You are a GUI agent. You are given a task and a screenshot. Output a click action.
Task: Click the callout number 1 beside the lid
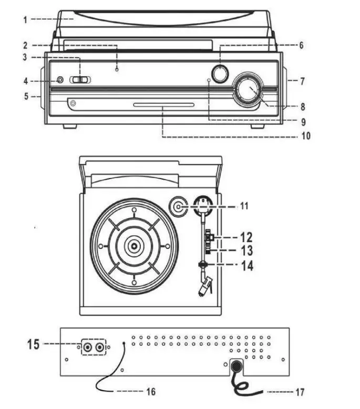(25, 19)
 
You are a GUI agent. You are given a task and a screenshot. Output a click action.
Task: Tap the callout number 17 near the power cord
(299, 392)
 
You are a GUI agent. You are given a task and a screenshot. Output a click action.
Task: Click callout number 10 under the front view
(305, 136)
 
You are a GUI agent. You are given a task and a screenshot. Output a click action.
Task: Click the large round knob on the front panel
(248, 90)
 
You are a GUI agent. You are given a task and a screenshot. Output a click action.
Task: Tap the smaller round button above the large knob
(220, 74)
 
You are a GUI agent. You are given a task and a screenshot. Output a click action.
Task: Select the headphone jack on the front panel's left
(59, 80)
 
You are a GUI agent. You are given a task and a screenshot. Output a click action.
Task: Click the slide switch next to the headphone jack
(81, 80)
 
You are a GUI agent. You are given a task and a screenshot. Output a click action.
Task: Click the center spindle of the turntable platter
(134, 246)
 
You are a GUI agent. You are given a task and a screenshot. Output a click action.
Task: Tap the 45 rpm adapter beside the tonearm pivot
(179, 207)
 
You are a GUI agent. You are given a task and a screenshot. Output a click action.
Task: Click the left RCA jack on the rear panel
(87, 347)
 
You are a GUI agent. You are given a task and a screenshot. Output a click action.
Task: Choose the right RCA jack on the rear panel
(99, 347)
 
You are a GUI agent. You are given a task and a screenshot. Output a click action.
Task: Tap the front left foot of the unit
(70, 127)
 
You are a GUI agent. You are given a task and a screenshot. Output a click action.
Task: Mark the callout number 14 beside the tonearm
(246, 266)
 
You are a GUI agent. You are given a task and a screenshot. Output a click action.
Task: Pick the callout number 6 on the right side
(301, 46)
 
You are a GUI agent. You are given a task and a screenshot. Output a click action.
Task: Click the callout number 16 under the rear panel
(151, 392)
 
